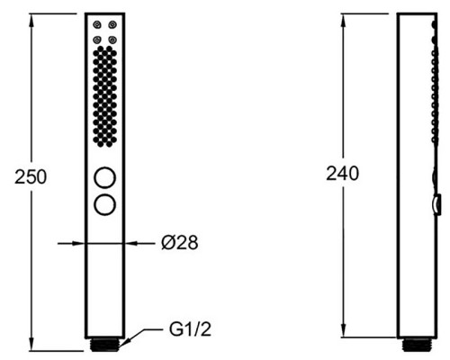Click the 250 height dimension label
click(31, 177)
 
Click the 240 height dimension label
click(342, 174)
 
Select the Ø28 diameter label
click(179, 242)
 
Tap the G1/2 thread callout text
click(190, 329)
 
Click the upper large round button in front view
click(104, 178)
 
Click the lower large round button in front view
click(104, 205)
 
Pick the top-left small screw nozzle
click(96, 24)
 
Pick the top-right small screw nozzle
click(112, 24)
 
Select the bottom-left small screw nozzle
click(96, 40)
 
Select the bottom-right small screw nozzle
click(112, 40)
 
